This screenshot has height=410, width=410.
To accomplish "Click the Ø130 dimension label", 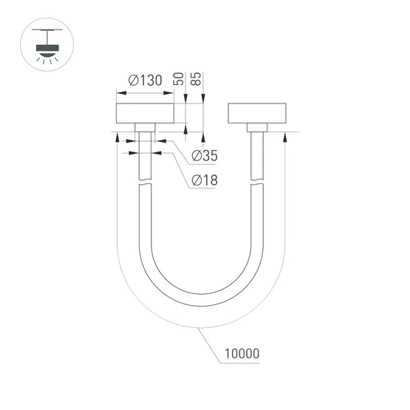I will pos(144,81).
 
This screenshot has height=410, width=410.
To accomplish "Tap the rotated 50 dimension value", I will pos(178,79).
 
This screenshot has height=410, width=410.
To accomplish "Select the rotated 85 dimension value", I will pos(197,79).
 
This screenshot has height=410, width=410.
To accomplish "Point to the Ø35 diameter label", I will pos(205,156).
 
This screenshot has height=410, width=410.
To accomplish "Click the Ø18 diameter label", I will pos(205,180).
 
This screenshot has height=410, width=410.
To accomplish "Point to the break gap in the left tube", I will pos(146,185).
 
